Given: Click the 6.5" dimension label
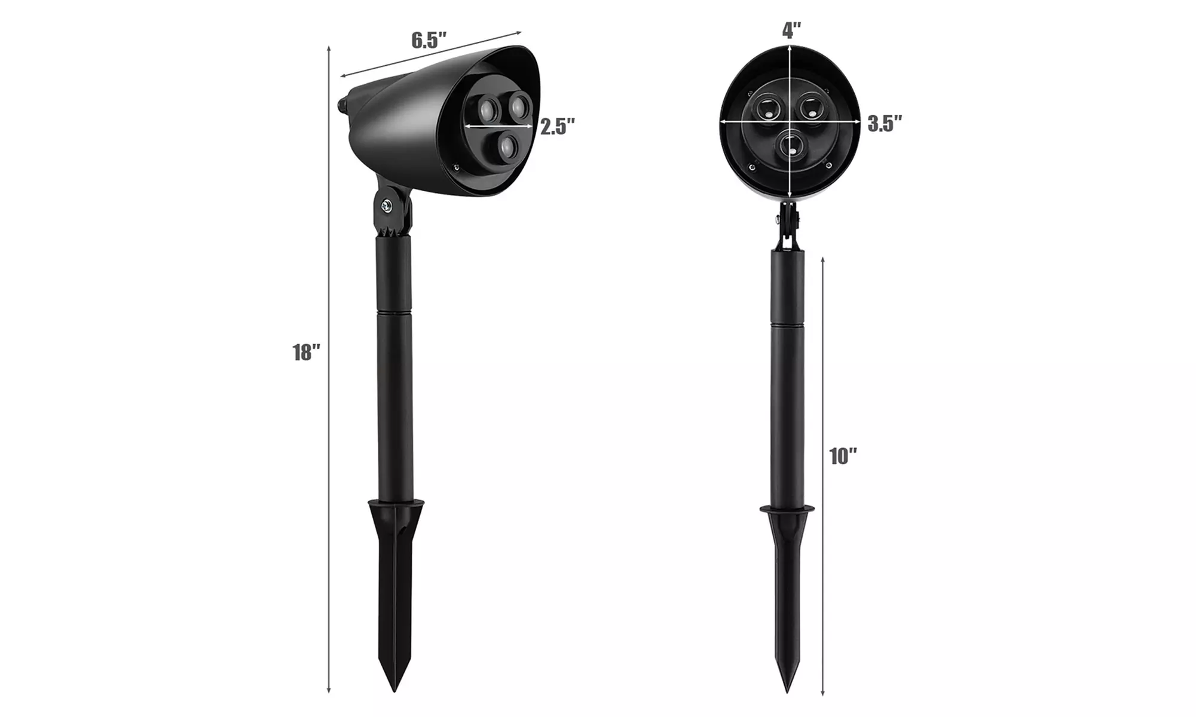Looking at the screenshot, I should pos(429,41).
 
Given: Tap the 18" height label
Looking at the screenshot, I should pos(306,353).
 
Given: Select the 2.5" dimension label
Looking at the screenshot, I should pos(557,127).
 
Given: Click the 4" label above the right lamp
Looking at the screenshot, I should pos(792,30).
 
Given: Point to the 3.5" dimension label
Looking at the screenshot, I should pos(885,124).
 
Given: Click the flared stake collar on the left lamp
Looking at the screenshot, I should pos(396,508).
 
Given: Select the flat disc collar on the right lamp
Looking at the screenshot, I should pos(787,510).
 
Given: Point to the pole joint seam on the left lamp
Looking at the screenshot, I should pos(394,312).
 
